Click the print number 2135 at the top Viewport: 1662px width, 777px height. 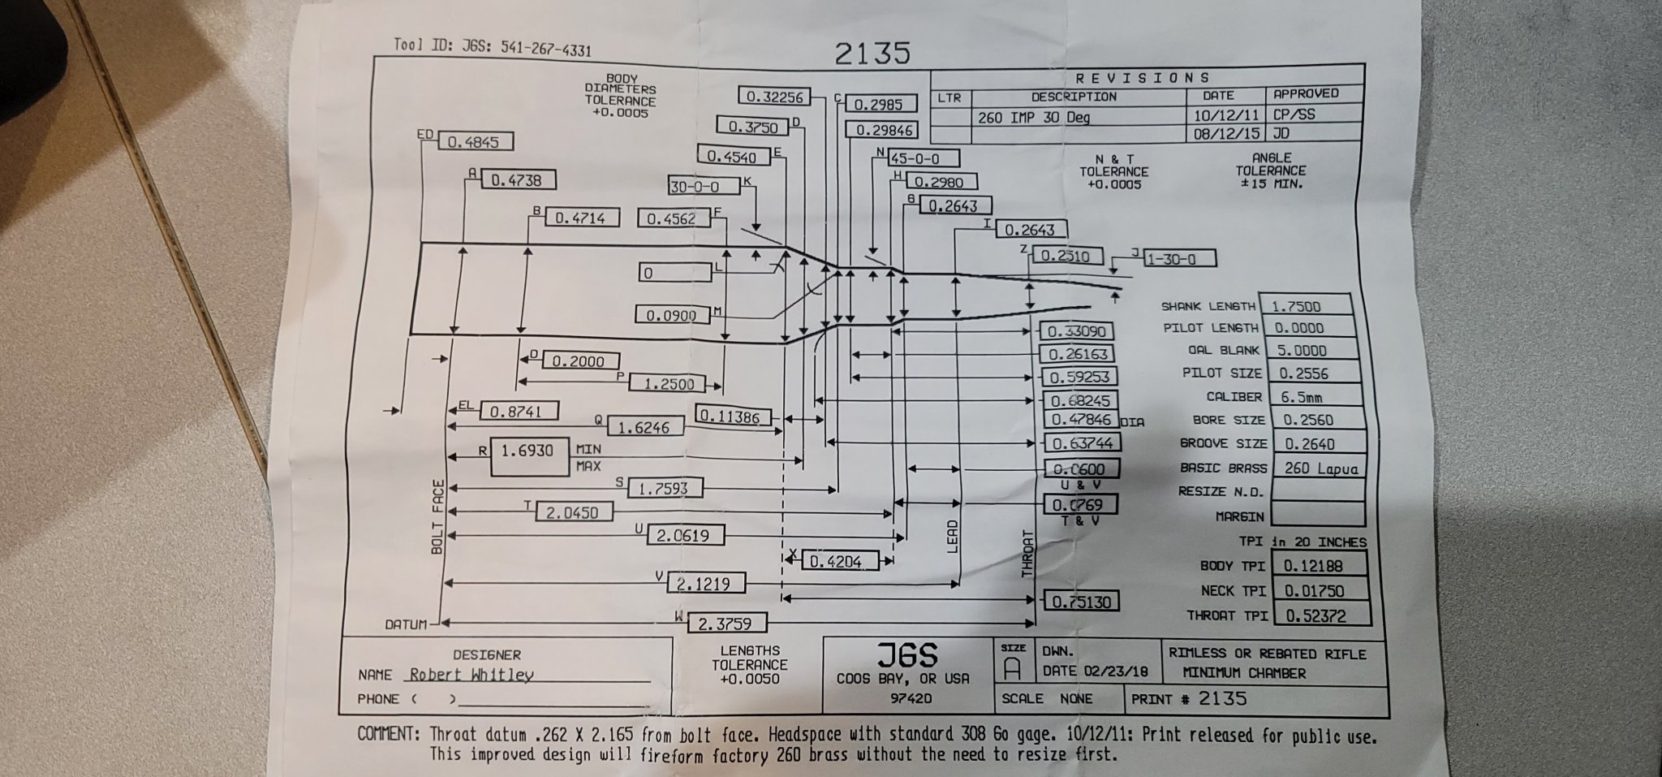tap(872, 53)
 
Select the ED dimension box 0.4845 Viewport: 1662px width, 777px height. tap(475, 142)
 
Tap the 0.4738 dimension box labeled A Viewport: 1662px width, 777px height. tap(515, 180)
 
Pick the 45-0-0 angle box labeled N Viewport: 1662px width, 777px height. tap(924, 158)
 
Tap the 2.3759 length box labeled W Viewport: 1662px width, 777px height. tap(726, 624)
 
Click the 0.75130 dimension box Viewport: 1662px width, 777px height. tap(1080, 601)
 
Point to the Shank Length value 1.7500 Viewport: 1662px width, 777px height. tap(1305, 306)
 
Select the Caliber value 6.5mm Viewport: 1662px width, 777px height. tap(1307, 397)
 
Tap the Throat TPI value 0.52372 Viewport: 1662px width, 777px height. tap(1321, 615)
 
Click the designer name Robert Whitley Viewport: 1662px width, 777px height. tap(471, 675)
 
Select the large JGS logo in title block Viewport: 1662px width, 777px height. tap(906, 654)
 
